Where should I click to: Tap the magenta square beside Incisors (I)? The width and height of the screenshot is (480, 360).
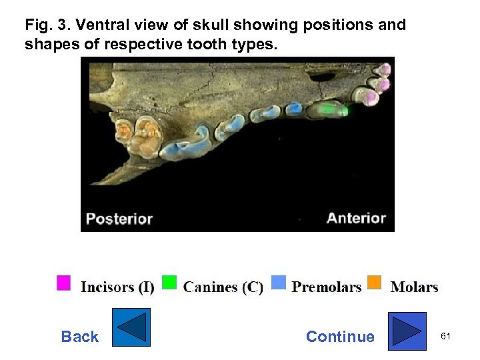[x=63, y=283]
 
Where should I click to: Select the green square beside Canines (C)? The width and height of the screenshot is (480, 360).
[x=169, y=283]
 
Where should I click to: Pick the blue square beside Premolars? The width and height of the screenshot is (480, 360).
[x=279, y=283]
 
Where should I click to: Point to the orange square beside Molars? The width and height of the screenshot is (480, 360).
[x=375, y=283]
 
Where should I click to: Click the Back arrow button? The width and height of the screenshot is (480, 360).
[x=131, y=327]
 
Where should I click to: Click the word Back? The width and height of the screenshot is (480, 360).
[x=79, y=337]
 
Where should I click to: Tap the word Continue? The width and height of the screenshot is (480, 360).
[x=340, y=337]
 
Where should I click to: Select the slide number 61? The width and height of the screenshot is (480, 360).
[x=445, y=337]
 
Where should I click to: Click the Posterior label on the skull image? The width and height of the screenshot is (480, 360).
[x=119, y=219]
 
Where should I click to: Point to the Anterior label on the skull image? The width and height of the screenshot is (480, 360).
[x=356, y=218]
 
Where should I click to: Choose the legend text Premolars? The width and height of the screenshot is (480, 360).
[x=327, y=287]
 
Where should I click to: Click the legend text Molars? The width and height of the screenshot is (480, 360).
[x=414, y=287]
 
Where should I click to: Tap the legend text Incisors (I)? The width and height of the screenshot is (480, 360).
[x=117, y=287]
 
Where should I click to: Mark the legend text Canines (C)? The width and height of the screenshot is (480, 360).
[x=223, y=287]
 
